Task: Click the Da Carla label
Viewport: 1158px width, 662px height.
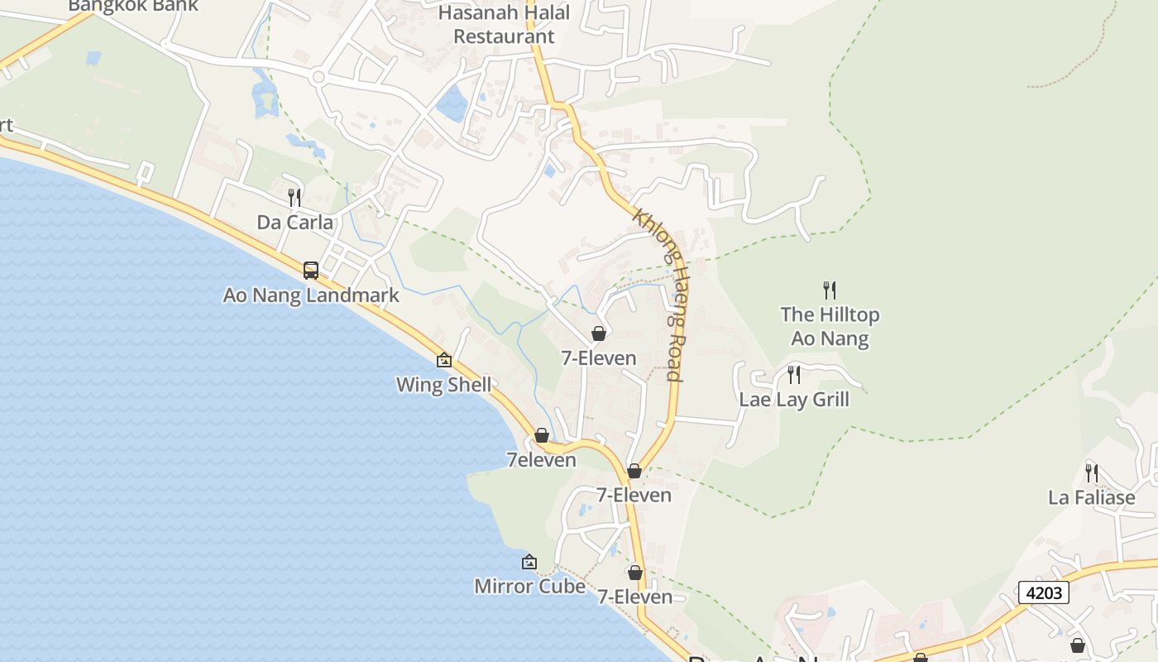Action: (x=295, y=223)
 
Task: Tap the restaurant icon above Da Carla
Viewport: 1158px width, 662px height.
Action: (x=294, y=197)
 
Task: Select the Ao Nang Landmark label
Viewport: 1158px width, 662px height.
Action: (x=311, y=295)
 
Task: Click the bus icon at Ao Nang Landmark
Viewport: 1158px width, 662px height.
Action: (x=311, y=270)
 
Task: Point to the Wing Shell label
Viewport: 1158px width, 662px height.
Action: (x=443, y=385)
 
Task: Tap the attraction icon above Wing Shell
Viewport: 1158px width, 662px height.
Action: (x=444, y=360)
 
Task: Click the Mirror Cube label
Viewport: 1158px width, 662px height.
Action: (x=529, y=587)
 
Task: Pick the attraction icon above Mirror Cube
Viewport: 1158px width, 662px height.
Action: (x=529, y=563)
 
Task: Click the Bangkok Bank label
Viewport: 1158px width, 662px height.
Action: (x=133, y=6)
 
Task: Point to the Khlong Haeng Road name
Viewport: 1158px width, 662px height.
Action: (x=659, y=293)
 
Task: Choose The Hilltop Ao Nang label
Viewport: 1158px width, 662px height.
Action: (x=830, y=326)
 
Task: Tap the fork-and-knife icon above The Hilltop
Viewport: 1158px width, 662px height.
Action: (x=830, y=290)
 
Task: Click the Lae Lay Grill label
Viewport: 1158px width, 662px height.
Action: (x=794, y=400)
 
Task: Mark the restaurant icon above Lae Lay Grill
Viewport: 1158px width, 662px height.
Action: (x=794, y=375)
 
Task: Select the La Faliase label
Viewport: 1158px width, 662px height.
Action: (x=1092, y=497)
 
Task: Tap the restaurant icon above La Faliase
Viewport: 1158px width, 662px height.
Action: (x=1092, y=473)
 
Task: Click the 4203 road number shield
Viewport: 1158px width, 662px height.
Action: (x=1044, y=592)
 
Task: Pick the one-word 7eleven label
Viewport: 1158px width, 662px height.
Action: (x=542, y=460)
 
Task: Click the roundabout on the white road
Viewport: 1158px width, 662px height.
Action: (x=318, y=77)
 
